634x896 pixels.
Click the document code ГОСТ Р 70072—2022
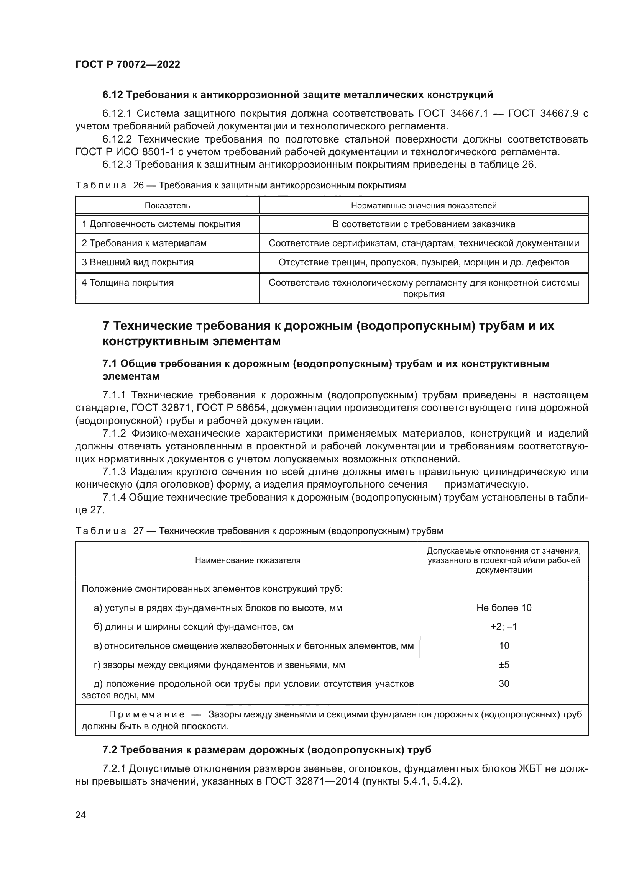[x=128, y=64]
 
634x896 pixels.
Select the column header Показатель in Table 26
[x=167, y=206]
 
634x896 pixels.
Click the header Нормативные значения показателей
[x=424, y=206]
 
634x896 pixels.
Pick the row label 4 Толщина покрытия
[x=127, y=283]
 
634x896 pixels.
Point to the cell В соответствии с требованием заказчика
[x=424, y=224]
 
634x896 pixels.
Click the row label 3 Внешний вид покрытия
[x=138, y=262]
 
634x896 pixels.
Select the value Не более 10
[x=504, y=608]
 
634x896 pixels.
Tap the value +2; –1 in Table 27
[x=504, y=627]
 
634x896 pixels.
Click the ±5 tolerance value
[x=504, y=665]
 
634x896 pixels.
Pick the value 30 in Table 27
[x=504, y=684]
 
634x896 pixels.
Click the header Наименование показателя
[x=248, y=560]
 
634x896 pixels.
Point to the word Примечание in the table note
[x=146, y=714]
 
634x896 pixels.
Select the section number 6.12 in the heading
[x=113, y=95]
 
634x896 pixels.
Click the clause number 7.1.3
[x=114, y=472]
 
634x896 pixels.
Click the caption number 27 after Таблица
[x=138, y=531]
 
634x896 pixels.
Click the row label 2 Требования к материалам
[x=144, y=244]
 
